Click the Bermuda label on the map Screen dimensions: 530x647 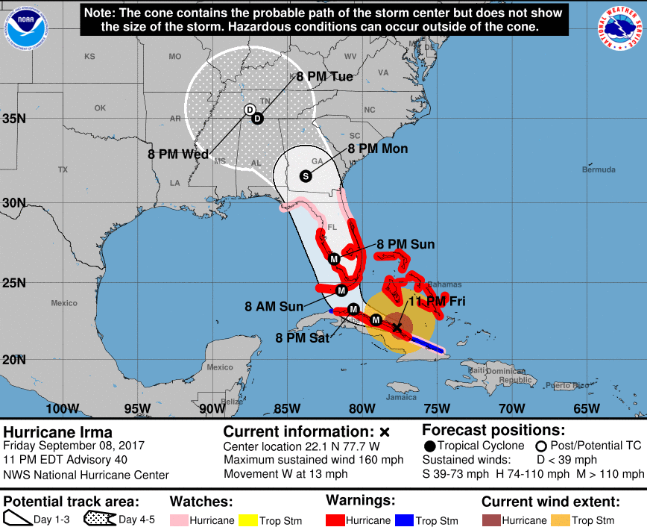coord(599,170)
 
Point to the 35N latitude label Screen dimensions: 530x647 coord(14,119)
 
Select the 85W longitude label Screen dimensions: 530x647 coord(287,408)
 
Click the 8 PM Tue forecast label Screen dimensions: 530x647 coord(324,76)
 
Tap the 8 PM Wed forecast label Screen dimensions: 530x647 coord(177,155)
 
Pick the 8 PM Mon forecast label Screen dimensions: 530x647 coord(378,149)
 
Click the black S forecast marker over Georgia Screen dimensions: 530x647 coord(305,176)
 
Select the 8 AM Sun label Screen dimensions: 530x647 coord(274,306)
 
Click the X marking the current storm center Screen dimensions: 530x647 coord(397,327)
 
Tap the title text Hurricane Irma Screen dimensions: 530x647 coord(58,432)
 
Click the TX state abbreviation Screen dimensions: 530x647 coord(63,170)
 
